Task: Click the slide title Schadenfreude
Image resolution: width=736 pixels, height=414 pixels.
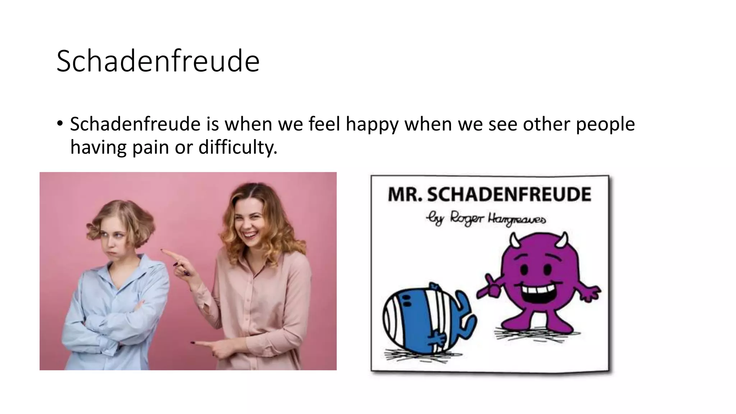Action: [x=158, y=61]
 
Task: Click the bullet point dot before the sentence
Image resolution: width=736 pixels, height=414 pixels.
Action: [x=60, y=124]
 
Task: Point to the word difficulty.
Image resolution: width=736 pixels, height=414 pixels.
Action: [x=238, y=147]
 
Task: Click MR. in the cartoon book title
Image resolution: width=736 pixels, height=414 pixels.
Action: [x=404, y=194]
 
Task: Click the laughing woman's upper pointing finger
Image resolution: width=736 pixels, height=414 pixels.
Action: [x=169, y=253]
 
